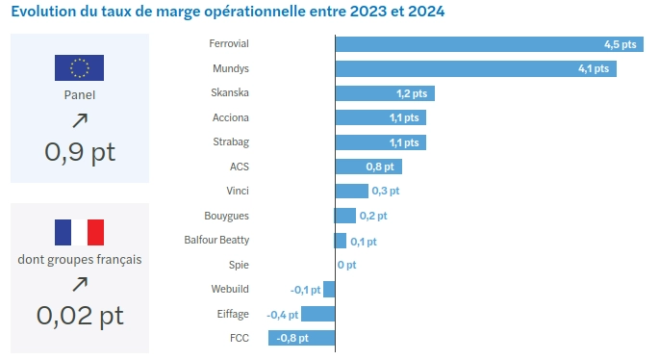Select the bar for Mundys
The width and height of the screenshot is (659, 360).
[475, 68]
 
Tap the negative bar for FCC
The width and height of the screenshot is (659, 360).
[301, 338]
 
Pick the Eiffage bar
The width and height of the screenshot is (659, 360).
[318, 313]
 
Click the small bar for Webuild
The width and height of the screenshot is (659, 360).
[329, 289]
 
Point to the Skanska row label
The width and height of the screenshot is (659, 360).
[230, 92]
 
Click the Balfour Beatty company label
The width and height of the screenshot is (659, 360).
[216, 240]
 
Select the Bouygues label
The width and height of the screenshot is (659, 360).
[226, 216]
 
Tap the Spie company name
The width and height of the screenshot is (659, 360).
[239, 265]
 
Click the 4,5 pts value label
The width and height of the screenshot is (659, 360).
[621, 44]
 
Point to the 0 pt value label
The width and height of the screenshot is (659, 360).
[346, 265]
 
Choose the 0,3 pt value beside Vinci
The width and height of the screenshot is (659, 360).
[386, 191]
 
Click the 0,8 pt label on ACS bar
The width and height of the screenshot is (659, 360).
[381, 167]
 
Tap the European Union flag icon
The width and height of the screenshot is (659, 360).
[79, 67]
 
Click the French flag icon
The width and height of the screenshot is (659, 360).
[79, 232]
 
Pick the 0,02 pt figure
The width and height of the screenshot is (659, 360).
[80, 314]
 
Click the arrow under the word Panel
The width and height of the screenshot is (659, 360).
[80, 119]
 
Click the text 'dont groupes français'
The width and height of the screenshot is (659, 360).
[80, 259]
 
